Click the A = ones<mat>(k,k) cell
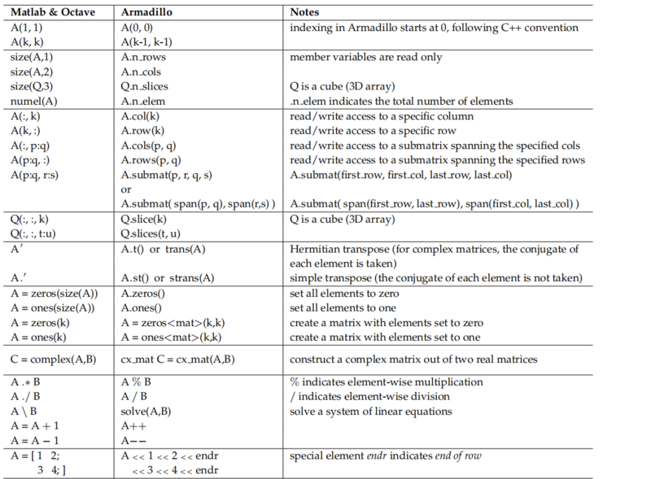pyautogui.click(x=171, y=337)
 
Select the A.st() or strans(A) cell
pyautogui.click(x=167, y=277)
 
